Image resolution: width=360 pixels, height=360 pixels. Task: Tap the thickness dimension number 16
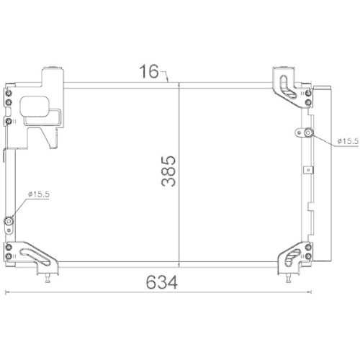point(149,71)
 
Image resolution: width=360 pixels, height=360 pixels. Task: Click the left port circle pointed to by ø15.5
point(9,221)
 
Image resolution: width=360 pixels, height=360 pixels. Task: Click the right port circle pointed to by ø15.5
point(307,132)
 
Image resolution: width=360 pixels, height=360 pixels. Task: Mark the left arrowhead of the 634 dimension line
point(7,292)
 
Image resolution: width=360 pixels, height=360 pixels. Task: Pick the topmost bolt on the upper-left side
point(9,93)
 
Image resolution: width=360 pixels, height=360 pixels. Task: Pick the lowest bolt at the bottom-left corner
point(9,258)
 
